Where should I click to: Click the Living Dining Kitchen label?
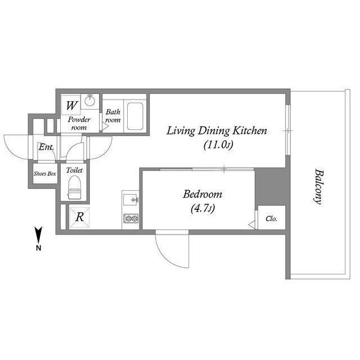(217, 131)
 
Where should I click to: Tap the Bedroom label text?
(202, 195)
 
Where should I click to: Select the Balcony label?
(318, 186)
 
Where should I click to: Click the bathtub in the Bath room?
(135, 116)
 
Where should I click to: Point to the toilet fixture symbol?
(74, 187)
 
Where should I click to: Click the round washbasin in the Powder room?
(90, 100)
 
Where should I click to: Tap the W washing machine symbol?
(71, 105)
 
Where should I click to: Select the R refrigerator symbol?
(79, 217)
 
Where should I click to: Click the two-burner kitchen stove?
(131, 218)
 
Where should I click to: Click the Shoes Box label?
(45, 174)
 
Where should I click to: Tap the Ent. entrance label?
(46, 147)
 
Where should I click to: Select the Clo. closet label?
(271, 219)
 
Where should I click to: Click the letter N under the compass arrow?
(39, 248)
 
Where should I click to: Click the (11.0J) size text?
(218, 145)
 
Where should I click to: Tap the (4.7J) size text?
(202, 209)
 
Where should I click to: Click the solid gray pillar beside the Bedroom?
(271, 186)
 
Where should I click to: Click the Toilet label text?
(74, 170)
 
